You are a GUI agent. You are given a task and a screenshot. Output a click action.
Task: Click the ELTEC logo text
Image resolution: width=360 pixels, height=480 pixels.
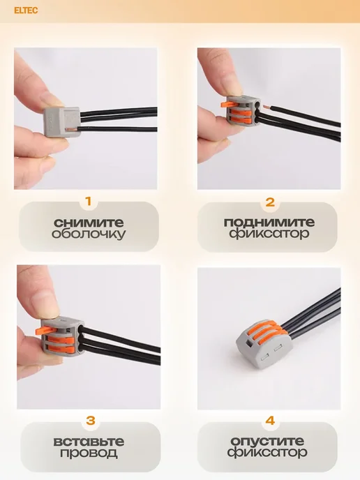pyautogui.click(x=26, y=10)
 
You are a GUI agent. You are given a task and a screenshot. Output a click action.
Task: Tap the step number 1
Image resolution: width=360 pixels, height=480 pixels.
pyautogui.click(x=89, y=202)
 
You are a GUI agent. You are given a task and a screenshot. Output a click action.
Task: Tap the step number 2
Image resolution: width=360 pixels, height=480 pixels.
pyautogui.click(x=270, y=202)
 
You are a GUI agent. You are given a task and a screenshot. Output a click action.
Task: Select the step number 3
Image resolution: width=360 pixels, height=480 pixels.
pyautogui.click(x=91, y=420)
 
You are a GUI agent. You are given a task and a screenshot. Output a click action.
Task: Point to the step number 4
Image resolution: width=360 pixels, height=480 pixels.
pyautogui.click(x=270, y=421)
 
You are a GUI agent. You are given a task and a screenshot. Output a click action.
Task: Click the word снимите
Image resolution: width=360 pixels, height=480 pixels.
pyautogui.click(x=89, y=223)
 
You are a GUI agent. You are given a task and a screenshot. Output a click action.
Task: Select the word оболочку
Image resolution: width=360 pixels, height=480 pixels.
pyautogui.click(x=89, y=234)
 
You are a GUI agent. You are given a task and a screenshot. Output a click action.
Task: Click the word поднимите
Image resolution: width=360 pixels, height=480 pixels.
pyautogui.click(x=269, y=222)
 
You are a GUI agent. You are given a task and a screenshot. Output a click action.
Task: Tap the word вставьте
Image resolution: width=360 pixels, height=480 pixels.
pyautogui.click(x=89, y=441)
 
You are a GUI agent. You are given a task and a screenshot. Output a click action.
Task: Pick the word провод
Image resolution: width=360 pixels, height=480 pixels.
pyautogui.click(x=89, y=453)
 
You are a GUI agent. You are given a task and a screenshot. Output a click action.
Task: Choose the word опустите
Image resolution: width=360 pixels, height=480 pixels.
pyautogui.click(x=267, y=441)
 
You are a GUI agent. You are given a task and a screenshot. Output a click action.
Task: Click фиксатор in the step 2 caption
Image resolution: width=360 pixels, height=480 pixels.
pyautogui.click(x=269, y=234)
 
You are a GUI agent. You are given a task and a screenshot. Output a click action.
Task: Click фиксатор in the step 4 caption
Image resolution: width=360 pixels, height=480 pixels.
pyautogui.click(x=267, y=453)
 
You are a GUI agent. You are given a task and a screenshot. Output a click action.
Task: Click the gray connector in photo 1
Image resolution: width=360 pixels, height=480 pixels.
pyautogui.click(x=63, y=122)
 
